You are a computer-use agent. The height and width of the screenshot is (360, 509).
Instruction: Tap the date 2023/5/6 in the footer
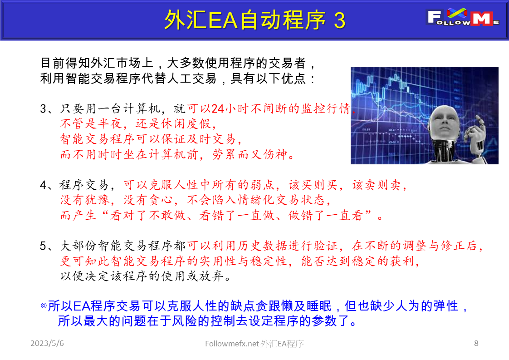pyautogui.click(x=47, y=343)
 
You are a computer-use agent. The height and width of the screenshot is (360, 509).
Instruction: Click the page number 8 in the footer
pyautogui.click(x=476, y=343)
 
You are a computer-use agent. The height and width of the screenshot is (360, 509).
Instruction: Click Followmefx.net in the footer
pyautogui.click(x=232, y=344)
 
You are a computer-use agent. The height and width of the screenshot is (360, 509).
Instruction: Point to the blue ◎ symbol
pyautogui.click(x=44, y=306)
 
